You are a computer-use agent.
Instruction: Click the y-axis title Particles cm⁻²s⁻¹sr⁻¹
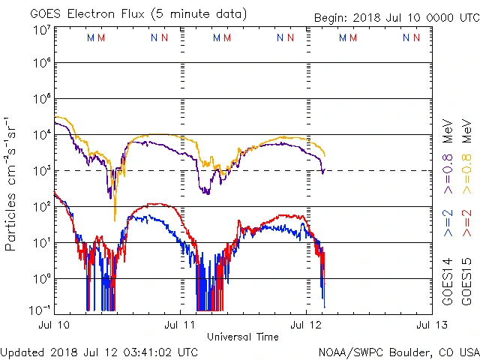click(11, 183)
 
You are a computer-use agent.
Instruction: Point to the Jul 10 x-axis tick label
click(55, 325)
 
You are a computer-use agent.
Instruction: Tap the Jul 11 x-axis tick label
click(181, 325)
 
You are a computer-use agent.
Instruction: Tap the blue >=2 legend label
click(448, 223)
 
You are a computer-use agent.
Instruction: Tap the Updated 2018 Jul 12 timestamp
click(100, 351)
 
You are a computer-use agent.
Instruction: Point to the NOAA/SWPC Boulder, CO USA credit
click(398, 351)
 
